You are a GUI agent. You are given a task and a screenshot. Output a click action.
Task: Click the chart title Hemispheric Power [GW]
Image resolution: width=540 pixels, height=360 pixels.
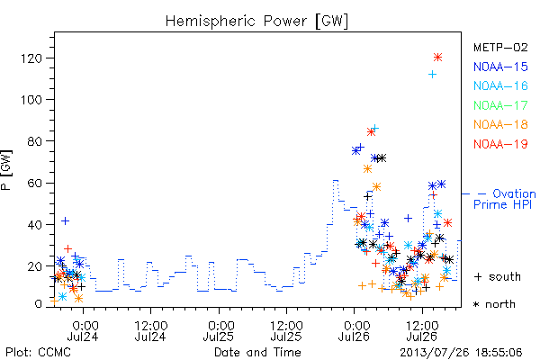click(x=256, y=22)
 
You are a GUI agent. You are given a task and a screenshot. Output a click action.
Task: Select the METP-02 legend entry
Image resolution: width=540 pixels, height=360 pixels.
click(x=500, y=47)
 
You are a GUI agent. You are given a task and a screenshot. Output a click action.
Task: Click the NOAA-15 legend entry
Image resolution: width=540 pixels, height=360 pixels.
click(x=500, y=67)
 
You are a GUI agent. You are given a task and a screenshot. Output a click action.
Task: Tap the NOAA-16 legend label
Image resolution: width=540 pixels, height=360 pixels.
click(x=500, y=85)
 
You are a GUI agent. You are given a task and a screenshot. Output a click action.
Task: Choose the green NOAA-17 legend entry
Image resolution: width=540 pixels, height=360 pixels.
click(x=500, y=105)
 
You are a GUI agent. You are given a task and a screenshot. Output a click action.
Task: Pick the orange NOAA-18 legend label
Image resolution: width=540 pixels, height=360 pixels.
click(x=500, y=124)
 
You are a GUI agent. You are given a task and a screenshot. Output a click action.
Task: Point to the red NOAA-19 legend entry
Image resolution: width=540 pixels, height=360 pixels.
click(x=500, y=144)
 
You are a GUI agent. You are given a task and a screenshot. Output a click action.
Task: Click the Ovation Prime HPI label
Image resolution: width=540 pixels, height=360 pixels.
click(x=505, y=199)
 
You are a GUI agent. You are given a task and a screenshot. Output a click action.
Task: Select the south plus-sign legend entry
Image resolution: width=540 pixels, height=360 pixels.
click(x=498, y=276)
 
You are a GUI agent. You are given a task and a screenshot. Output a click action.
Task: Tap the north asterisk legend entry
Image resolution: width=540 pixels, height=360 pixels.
click(x=494, y=304)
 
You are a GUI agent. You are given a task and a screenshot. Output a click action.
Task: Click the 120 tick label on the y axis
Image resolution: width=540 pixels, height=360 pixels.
click(x=31, y=58)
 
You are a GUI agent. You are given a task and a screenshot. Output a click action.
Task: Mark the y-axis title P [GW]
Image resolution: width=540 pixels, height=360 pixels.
click(x=6, y=170)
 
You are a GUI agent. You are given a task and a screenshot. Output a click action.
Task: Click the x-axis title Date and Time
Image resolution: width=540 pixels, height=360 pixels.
click(x=257, y=353)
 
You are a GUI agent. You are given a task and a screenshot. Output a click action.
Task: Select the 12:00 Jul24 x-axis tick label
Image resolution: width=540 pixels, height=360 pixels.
click(x=151, y=331)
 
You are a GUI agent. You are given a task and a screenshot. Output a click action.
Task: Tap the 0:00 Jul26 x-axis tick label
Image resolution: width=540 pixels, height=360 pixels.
click(x=354, y=331)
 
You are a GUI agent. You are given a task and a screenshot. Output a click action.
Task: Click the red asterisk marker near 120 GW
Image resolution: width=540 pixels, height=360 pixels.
click(x=437, y=58)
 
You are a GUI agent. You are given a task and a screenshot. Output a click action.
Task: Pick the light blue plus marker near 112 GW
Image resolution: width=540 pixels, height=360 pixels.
click(x=432, y=74)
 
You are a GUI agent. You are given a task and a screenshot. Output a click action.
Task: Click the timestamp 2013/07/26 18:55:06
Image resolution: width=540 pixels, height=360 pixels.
click(x=461, y=353)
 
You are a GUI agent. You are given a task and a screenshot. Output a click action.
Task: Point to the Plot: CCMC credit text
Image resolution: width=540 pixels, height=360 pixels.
click(x=38, y=353)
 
